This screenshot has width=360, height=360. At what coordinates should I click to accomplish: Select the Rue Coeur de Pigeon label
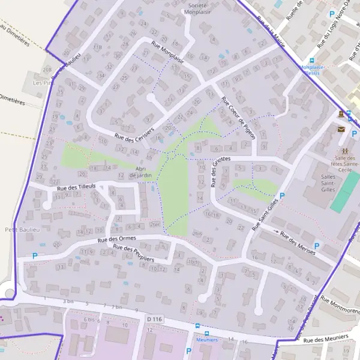(239, 118)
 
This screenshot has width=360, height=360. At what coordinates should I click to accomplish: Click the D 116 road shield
(154, 319)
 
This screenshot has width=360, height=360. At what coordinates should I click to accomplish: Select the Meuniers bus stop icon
(207, 334)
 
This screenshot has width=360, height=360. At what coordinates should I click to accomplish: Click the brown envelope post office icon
(341, 129)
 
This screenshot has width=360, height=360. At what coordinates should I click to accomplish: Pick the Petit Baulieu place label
(17, 229)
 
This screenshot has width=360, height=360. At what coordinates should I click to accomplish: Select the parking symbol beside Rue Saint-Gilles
(281, 196)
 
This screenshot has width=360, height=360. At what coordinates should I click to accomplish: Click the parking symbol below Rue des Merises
(317, 245)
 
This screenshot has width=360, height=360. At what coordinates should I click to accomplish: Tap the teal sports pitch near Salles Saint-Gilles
(344, 192)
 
